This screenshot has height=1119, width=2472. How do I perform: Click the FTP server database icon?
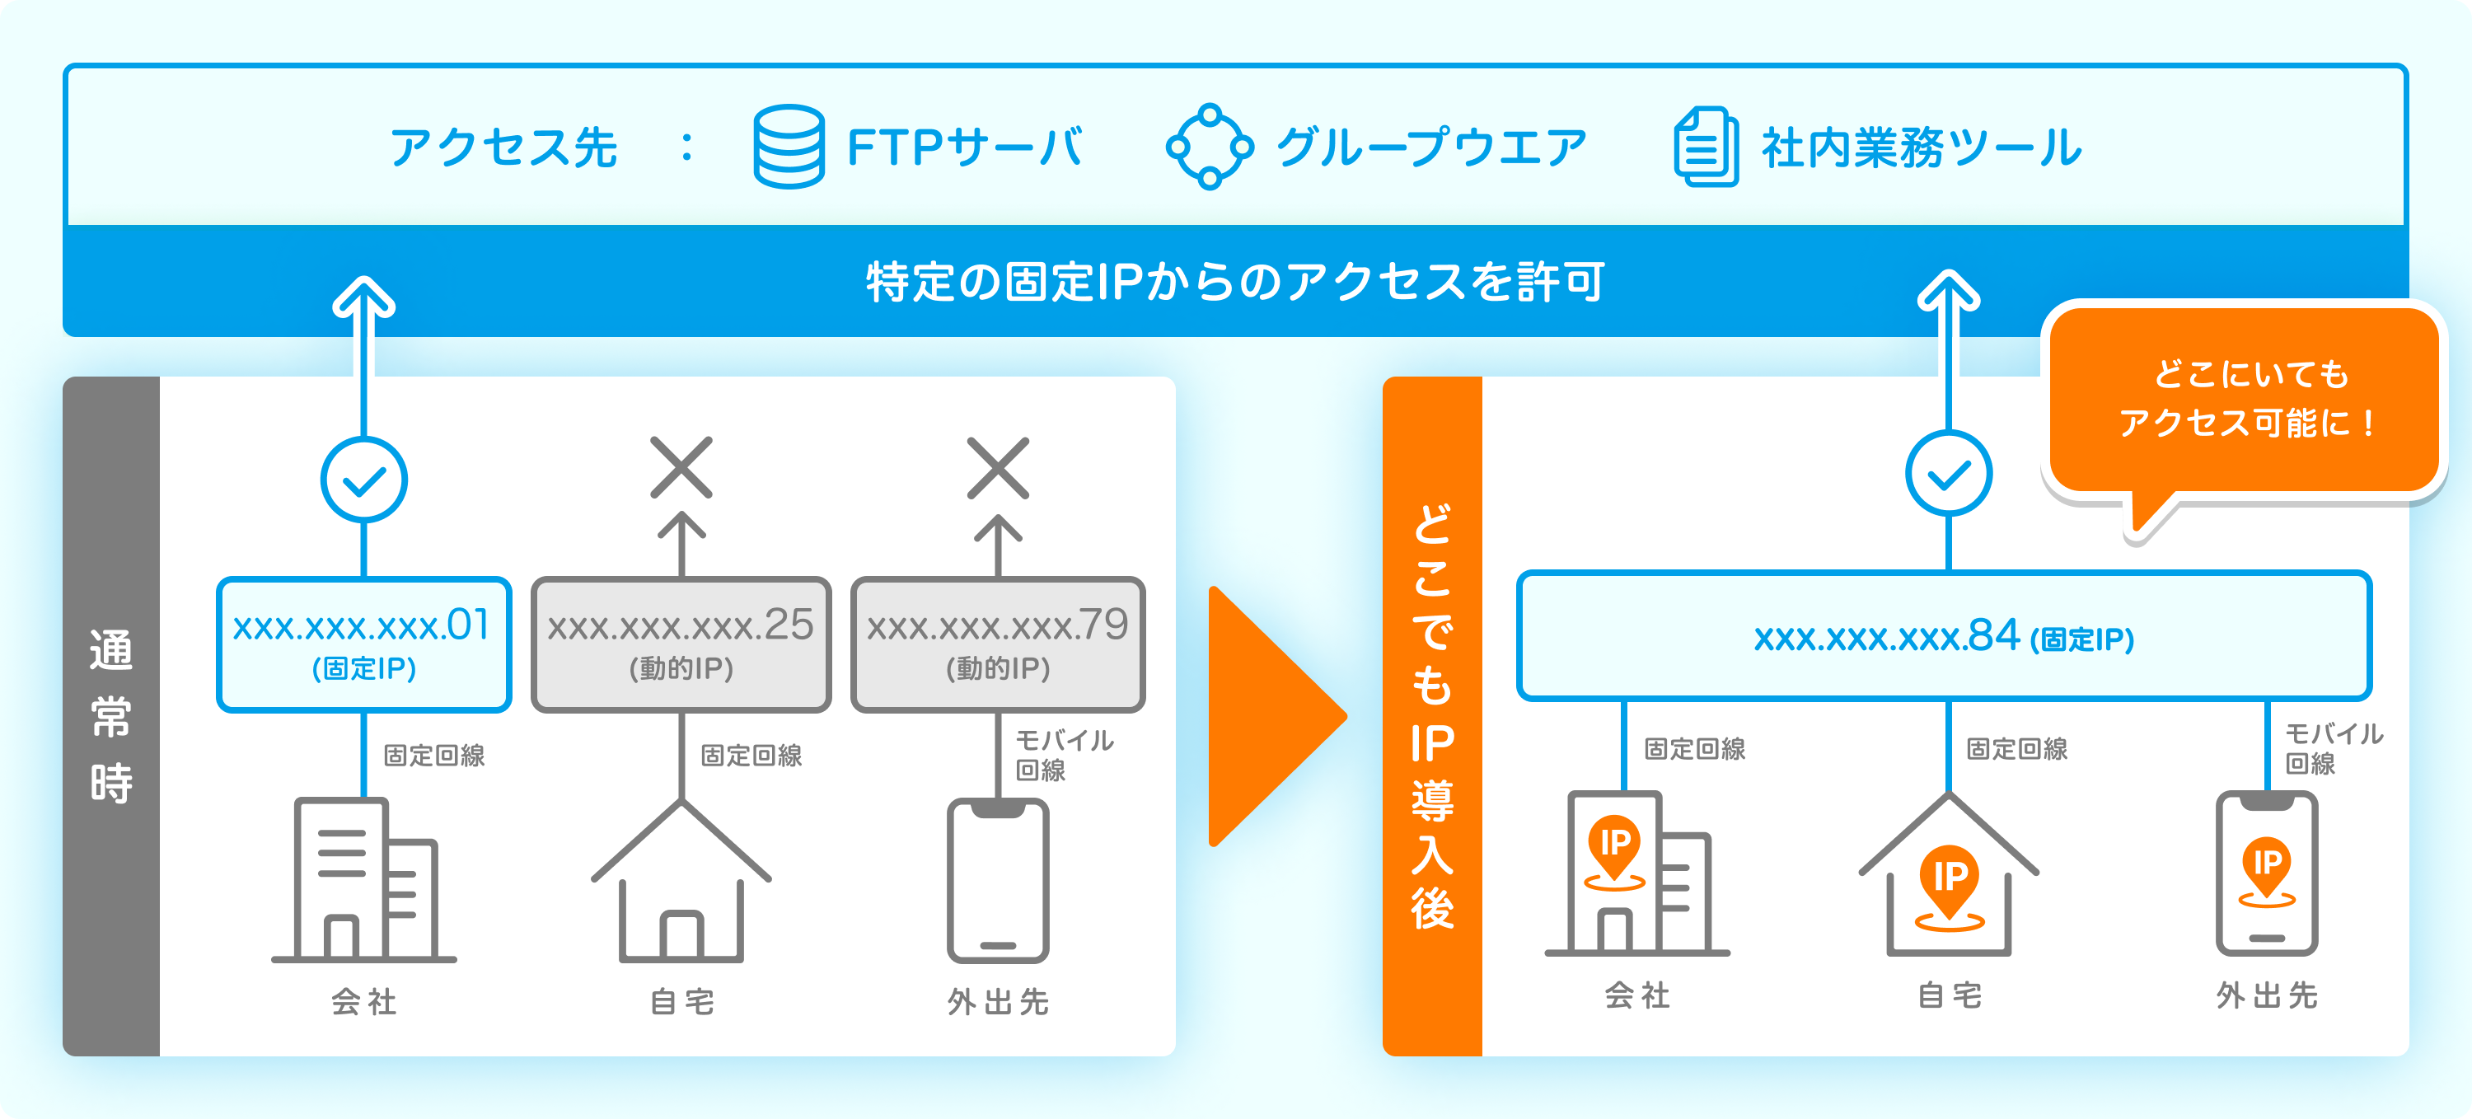(x=788, y=146)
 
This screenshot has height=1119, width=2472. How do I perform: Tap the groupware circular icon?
(x=1209, y=147)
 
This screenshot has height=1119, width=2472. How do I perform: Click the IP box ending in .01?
(x=363, y=644)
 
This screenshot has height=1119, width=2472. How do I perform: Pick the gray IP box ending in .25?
(x=681, y=644)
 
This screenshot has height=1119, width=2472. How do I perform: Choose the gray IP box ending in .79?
(x=998, y=644)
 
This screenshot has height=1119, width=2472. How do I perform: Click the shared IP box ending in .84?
(x=1944, y=636)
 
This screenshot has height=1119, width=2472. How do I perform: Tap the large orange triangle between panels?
(x=1271, y=716)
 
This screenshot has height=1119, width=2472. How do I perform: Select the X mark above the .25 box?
(x=681, y=467)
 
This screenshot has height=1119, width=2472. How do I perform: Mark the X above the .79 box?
(x=998, y=467)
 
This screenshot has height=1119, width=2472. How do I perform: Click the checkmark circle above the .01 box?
(x=363, y=480)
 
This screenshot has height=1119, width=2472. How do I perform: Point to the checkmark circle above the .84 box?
(x=1948, y=473)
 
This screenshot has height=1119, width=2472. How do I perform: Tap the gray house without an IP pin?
(x=681, y=883)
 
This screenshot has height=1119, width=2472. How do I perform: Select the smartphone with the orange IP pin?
(x=2267, y=873)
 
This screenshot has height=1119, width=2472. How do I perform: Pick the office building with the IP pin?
(x=1637, y=873)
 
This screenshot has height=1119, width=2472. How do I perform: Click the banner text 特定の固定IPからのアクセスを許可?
(x=1235, y=282)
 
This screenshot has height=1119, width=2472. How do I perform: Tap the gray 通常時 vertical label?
(x=111, y=716)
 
